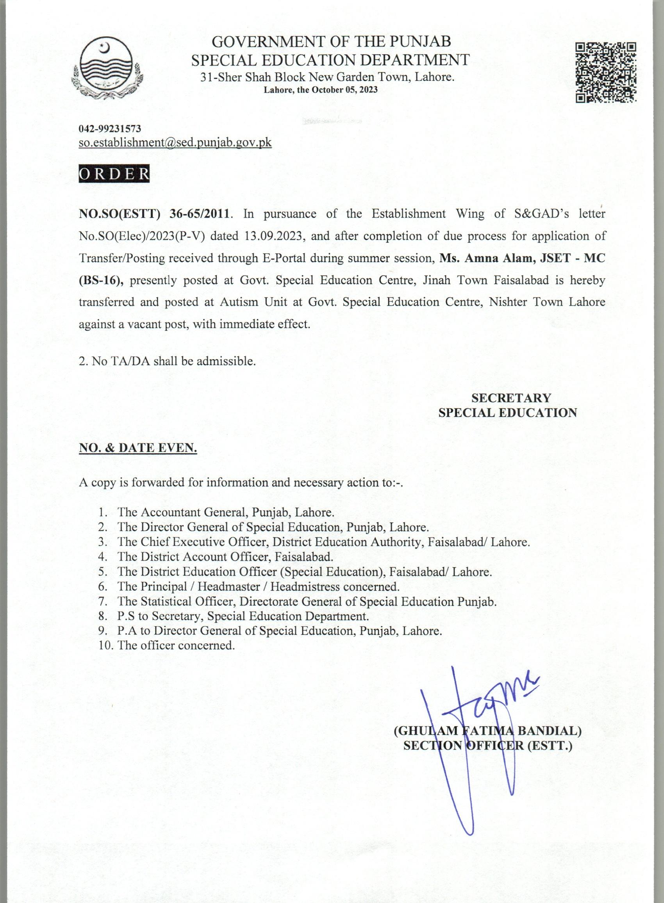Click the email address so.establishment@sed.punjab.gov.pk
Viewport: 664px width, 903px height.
click(175, 142)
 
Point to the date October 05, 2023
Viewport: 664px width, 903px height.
click(345, 90)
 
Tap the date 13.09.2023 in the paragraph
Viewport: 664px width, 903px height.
click(273, 236)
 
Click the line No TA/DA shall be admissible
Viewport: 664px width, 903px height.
click(167, 361)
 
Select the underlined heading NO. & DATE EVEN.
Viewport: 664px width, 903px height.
click(138, 448)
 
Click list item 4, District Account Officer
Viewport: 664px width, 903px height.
click(225, 557)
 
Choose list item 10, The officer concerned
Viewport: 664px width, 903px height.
click(176, 645)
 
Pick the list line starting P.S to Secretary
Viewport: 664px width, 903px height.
click(243, 616)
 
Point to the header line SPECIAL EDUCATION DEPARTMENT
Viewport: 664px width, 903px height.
click(330, 60)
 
